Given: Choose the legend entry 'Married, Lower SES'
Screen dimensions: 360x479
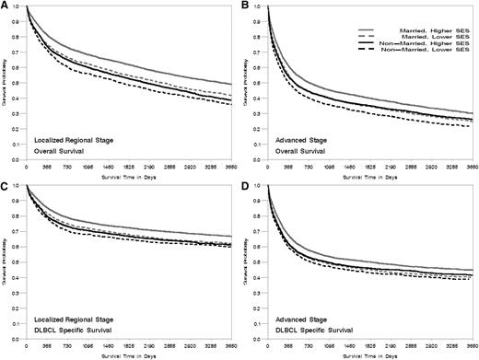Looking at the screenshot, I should point(430,37).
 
